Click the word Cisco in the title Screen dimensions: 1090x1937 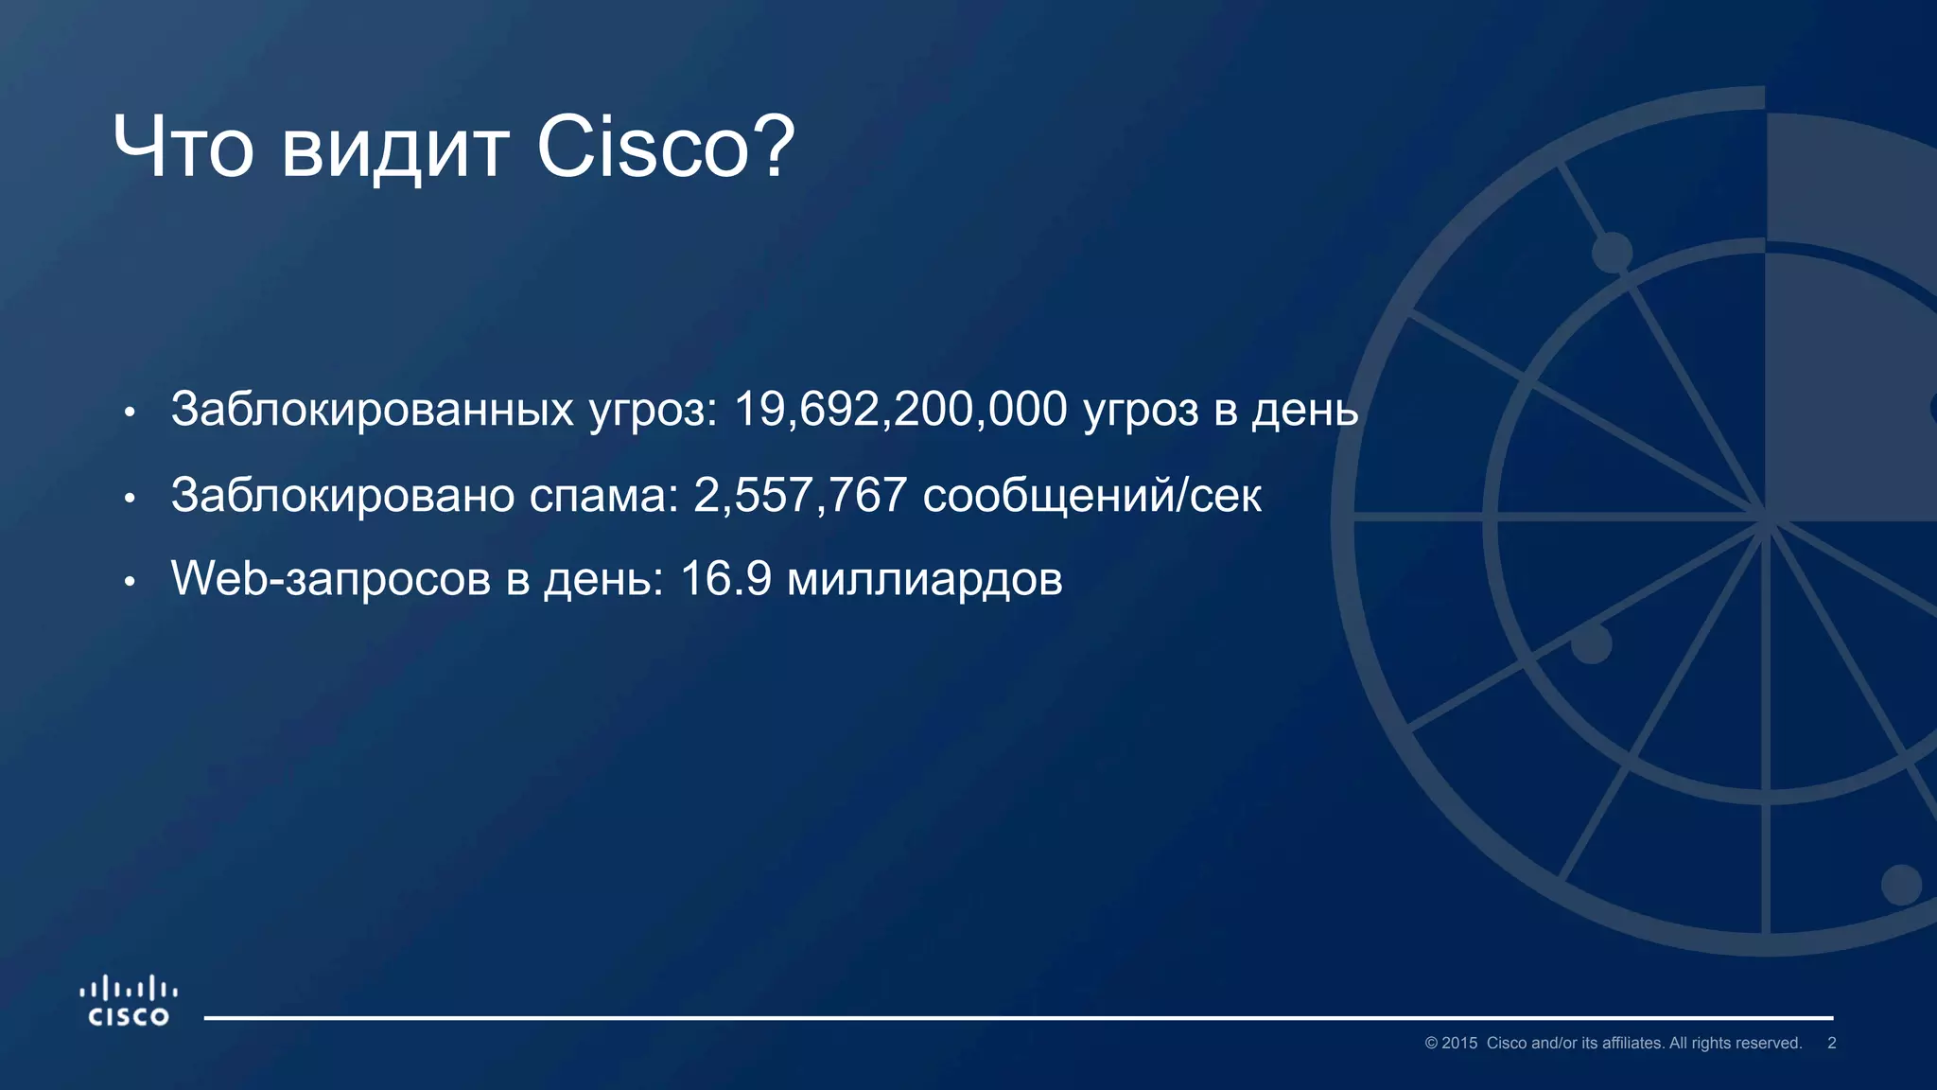pos(643,148)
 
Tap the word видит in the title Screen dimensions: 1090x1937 pos(395,149)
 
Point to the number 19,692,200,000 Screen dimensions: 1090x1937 pos(900,410)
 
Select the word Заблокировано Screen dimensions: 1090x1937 pos(342,495)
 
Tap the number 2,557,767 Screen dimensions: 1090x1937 pos(800,495)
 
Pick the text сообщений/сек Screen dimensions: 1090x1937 pos(1091,495)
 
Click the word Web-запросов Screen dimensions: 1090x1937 pos(331,579)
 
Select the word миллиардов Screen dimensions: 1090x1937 pos(924,580)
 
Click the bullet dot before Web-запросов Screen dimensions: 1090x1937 pos(131,581)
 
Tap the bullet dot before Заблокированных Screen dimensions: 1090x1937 pos(131,412)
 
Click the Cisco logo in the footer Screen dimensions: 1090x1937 pos(129,1002)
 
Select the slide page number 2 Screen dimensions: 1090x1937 pos(1831,1043)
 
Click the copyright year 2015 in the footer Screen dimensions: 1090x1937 pos(1458,1043)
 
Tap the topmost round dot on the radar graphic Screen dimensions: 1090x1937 pos(1612,253)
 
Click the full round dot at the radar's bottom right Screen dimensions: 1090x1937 pos(1901,885)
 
